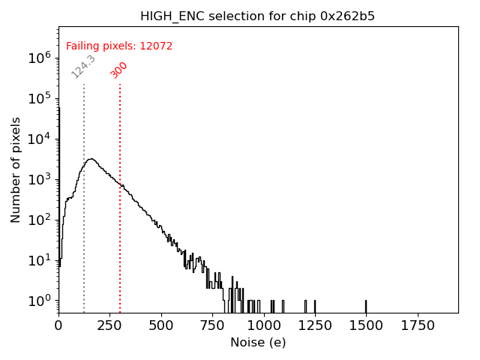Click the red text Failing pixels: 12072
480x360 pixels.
[119, 46]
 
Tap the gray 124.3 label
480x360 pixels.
[83, 66]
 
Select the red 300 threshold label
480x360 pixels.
[119, 70]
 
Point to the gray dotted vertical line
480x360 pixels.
[84, 225]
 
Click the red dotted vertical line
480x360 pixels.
[120, 225]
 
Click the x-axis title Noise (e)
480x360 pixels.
[258, 343]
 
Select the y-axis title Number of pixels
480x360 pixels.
[16, 169]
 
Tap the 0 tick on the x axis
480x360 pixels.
[58, 325]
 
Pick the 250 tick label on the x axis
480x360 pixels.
[109, 325]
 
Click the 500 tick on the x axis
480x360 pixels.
[161, 325]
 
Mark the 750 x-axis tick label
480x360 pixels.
[212, 325]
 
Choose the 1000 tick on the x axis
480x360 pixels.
[264, 325]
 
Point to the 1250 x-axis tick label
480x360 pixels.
[315, 325]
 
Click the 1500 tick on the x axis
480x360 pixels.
[366, 325]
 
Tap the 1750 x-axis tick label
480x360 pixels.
[418, 325]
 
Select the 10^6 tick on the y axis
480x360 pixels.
[38, 58]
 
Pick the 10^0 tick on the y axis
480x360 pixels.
[38, 301]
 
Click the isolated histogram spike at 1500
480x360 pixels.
[366, 306]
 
